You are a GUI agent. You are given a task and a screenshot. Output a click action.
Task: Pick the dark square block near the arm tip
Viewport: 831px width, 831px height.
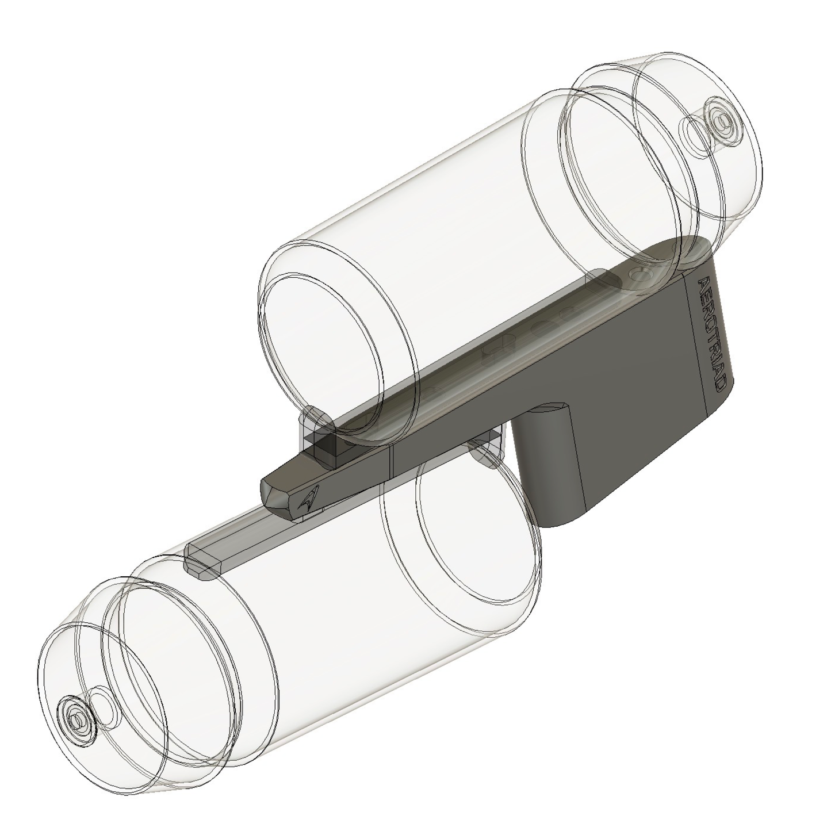(x=327, y=446)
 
